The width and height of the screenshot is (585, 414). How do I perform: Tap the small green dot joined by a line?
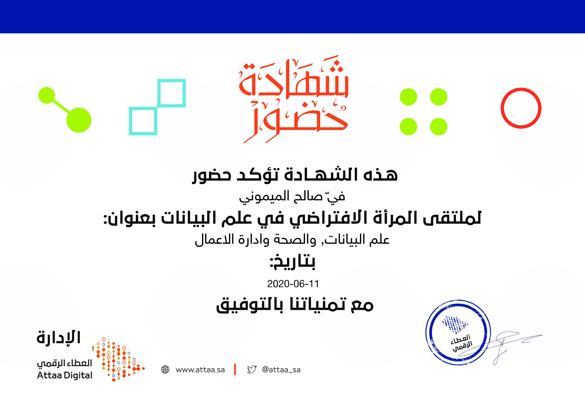(47, 95)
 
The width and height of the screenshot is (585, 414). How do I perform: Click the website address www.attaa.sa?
(200, 370)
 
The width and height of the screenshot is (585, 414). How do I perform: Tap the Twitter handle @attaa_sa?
(281, 370)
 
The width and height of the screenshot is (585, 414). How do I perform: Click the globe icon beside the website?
(165, 370)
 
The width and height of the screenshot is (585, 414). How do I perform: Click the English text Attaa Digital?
(65, 375)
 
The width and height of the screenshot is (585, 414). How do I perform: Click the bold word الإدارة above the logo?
(59, 337)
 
